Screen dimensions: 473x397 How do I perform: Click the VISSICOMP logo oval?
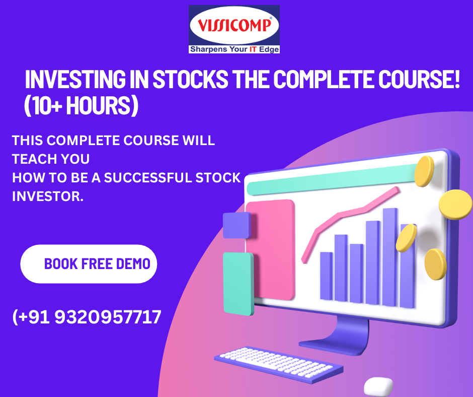coord(234,25)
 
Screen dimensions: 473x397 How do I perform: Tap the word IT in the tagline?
coord(253,49)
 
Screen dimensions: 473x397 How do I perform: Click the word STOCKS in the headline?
coord(190,79)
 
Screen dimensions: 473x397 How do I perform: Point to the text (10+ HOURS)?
coord(81,105)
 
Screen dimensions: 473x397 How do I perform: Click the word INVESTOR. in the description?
coord(48,196)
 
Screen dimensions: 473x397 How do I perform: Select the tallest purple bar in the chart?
coord(389,257)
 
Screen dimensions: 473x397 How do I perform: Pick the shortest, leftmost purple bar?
coord(326,276)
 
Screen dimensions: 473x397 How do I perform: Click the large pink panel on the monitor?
coord(270,250)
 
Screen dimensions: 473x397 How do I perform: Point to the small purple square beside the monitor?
coord(237,225)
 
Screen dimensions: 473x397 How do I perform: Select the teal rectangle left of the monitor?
coord(239,284)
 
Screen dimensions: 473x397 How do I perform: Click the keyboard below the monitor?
coord(279,365)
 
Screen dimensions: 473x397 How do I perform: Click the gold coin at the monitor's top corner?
coord(424,171)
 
